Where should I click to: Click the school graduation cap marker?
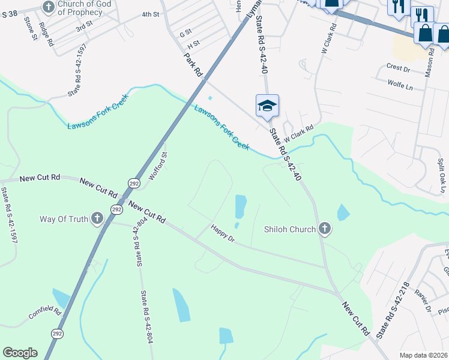click(x=267, y=106)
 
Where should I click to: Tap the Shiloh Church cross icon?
click(x=325, y=229)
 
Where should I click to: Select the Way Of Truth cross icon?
click(x=97, y=219)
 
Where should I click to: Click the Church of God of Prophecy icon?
click(x=49, y=7)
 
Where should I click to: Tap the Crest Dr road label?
click(x=398, y=68)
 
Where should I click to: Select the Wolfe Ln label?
click(x=400, y=85)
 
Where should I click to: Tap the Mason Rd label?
click(x=429, y=63)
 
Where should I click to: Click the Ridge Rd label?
click(x=46, y=34)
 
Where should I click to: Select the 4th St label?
click(x=151, y=14)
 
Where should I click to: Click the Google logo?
click(x=20, y=353)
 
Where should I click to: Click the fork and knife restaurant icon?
click(x=399, y=7)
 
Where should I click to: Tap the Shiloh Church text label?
click(x=290, y=229)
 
